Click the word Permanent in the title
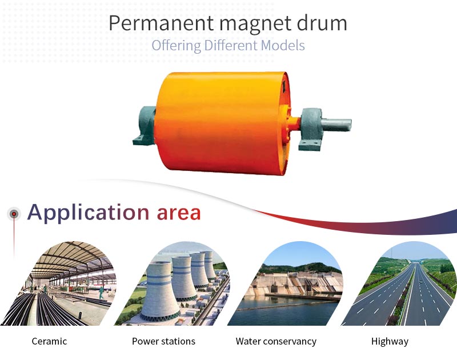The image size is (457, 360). click(x=162, y=23)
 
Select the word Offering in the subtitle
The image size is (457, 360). click(x=177, y=46)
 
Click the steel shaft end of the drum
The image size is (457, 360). click(x=336, y=125)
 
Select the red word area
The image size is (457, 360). click(x=179, y=213)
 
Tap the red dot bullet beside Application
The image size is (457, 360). click(x=14, y=214)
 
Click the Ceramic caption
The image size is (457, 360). click(x=49, y=341)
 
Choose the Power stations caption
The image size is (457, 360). click(x=163, y=341)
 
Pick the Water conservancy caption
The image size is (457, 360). click(x=276, y=341)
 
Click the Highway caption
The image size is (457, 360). click(x=390, y=341)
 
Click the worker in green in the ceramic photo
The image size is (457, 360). click(x=101, y=293)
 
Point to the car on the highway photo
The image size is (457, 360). click(x=420, y=282)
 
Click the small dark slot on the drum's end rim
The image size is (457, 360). click(x=284, y=84)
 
